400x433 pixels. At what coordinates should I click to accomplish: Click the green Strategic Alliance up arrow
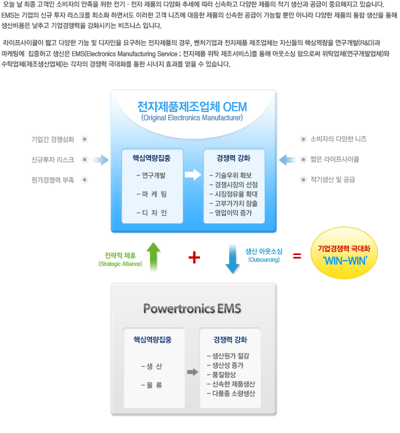click(154, 257)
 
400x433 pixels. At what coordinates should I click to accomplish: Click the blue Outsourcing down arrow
click(232, 259)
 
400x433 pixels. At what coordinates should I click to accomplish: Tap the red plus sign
click(194, 258)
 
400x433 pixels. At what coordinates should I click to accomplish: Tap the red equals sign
click(297, 256)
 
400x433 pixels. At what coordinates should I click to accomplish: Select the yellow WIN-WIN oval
click(344, 253)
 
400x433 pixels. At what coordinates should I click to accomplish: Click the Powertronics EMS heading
click(192, 309)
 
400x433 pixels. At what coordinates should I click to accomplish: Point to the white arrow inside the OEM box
click(193, 174)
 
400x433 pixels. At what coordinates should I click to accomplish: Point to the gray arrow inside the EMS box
click(193, 372)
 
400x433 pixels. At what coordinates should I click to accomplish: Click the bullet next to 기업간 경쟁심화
click(84, 139)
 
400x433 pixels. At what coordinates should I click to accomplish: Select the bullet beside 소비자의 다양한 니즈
click(303, 139)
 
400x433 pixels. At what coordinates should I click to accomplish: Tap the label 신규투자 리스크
click(53, 160)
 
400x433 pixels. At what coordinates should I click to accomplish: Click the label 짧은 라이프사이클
click(335, 159)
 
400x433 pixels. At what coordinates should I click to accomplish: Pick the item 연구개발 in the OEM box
click(151, 175)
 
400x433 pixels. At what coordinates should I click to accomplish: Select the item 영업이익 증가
click(231, 213)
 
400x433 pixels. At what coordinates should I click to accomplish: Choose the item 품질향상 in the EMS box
click(221, 375)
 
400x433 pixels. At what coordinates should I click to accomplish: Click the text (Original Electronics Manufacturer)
click(192, 118)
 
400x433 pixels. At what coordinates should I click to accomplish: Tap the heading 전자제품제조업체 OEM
click(192, 107)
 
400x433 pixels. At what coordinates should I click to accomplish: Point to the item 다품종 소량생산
click(231, 393)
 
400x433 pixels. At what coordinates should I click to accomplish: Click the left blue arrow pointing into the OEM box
click(101, 160)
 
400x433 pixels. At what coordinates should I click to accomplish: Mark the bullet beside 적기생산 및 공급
click(303, 180)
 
